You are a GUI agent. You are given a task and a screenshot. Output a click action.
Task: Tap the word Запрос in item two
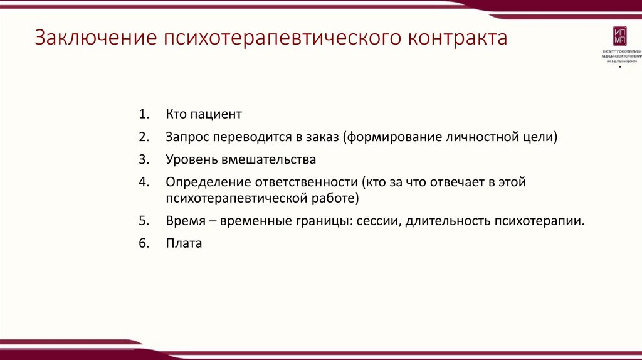click(x=187, y=137)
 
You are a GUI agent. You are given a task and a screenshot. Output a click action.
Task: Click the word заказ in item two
click(x=320, y=137)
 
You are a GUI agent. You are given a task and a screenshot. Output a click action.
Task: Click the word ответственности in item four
click(x=305, y=182)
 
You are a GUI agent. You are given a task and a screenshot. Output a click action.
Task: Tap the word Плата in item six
click(x=184, y=243)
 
